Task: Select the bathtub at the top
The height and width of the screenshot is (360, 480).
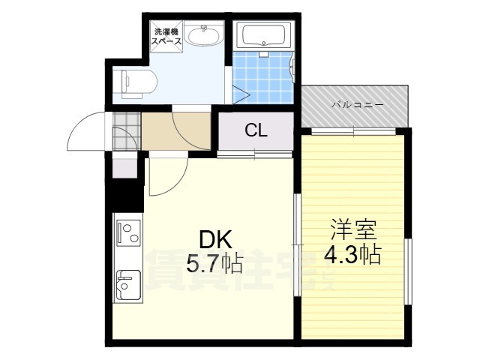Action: pyautogui.click(x=264, y=35)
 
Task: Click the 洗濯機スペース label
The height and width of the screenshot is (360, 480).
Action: pyautogui.click(x=167, y=37)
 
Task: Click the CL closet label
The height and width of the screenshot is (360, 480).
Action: pyautogui.click(x=256, y=130)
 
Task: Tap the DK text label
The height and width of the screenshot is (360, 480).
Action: pyautogui.click(x=215, y=239)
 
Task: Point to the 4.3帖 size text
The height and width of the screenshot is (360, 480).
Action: pyautogui.click(x=352, y=255)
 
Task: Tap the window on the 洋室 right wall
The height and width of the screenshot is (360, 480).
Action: pyautogui.click(x=408, y=272)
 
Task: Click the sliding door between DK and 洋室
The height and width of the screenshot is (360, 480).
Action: pyautogui.click(x=298, y=244)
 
